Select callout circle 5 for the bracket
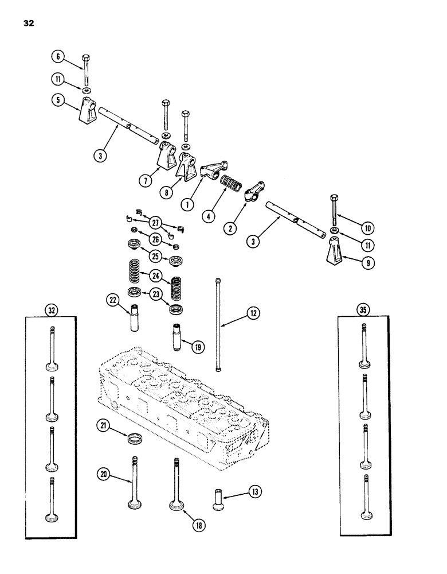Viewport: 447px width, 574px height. click(56, 99)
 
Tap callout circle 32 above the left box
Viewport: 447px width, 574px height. click(52, 309)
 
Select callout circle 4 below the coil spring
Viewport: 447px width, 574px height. click(208, 217)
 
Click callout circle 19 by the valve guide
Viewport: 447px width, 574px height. click(198, 347)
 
